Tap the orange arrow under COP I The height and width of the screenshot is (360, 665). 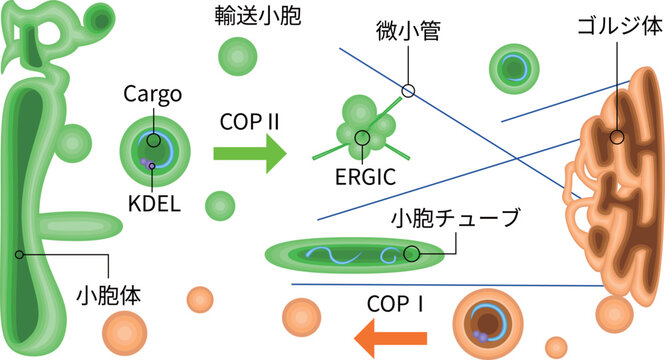pyautogui.click(x=380, y=337)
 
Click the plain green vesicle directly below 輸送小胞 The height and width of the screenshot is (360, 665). pyautogui.click(x=237, y=55)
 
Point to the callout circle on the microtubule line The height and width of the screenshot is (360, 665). pyautogui.click(x=408, y=91)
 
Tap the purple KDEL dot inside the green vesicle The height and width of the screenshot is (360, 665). pyautogui.click(x=148, y=161)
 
